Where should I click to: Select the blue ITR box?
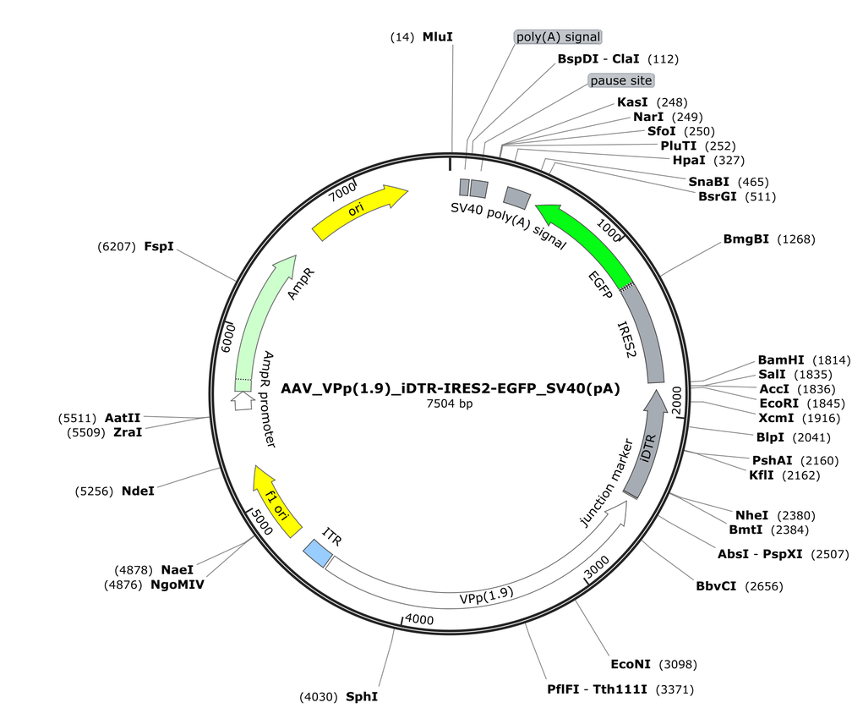tap(318, 552)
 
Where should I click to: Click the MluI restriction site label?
tap(438, 37)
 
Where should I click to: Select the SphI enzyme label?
tap(362, 697)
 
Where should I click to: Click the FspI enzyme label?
tap(159, 246)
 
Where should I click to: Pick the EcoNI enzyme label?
tap(631, 665)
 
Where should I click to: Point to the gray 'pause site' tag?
tap(620, 80)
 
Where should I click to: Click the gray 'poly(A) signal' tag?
tap(558, 37)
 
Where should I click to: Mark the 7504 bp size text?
tap(450, 403)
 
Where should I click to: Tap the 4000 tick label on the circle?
tap(419, 619)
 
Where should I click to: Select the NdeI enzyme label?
tap(138, 491)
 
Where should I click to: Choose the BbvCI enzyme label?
tap(715, 586)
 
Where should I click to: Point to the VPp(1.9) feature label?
tap(486, 595)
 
